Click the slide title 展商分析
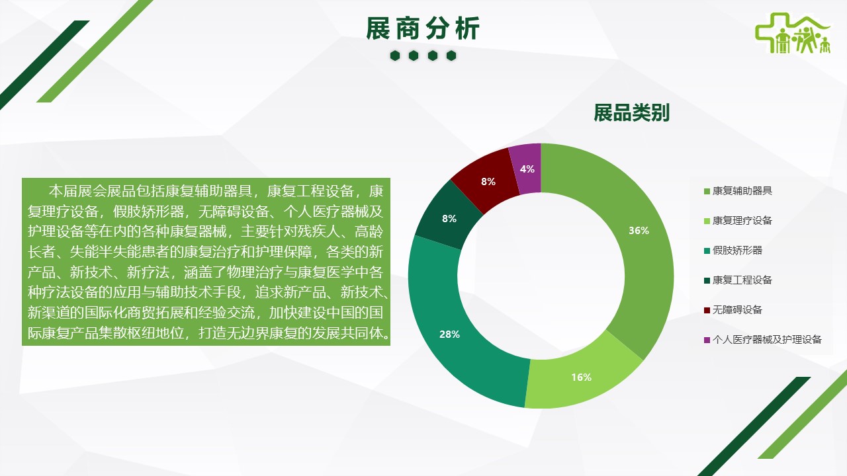click(x=423, y=28)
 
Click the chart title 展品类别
click(x=631, y=112)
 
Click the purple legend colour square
click(x=707, y=340)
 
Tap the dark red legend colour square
click(x=707, y=310)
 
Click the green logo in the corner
click(x=792, y=33)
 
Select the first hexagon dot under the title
click(x=395, y=56)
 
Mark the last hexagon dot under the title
click(x=451, y=56)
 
